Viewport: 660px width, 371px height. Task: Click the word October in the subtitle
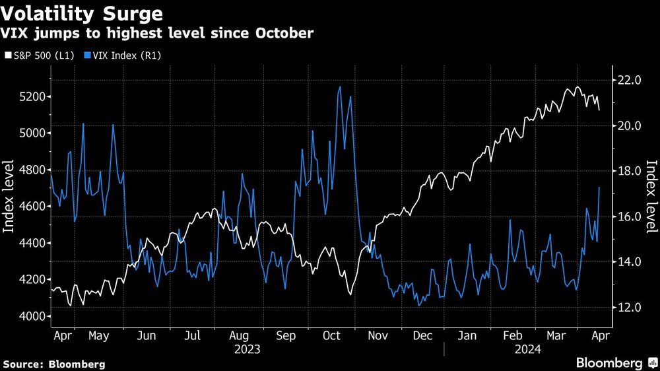[x=282, y=33]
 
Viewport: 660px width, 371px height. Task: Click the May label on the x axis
[x=98, y=335]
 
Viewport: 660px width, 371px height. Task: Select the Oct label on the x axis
[x=331, y=335]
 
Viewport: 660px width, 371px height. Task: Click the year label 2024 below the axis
[x=529, y=349]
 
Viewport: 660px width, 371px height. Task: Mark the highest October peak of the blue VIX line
[x=340, y=86]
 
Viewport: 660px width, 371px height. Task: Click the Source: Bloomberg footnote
[x=54, y=364]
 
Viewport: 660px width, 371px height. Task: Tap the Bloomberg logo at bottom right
[x=613, y=363]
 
